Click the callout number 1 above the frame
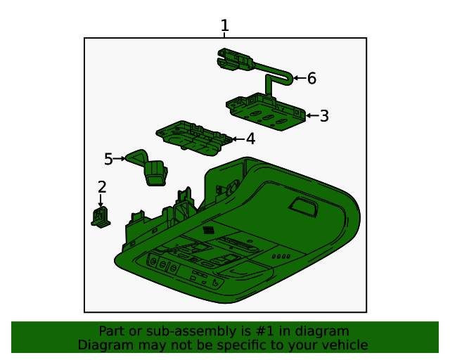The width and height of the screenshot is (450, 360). [x=225, y=25]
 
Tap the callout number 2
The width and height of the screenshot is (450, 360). [x=102, y=187]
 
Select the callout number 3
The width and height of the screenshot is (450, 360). [x=324, y=116]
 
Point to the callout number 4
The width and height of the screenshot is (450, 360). [x=251, y=139]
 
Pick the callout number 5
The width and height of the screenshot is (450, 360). [x=108, y=159]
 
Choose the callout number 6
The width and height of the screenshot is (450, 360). [x=311, y=78]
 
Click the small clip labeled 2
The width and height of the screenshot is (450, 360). [x=101, y=217]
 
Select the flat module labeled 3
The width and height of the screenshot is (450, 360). [x=266, y=112]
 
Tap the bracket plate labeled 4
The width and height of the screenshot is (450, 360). [x=194, y=138]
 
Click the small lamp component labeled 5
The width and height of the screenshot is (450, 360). [x=148, y=167]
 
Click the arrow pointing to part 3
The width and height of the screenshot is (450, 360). [x=312, y=116]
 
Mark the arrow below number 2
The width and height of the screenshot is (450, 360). [x=101, y=200]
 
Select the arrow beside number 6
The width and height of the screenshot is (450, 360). [x=300, y=78]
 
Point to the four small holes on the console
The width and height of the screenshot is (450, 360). [x=281, y=257]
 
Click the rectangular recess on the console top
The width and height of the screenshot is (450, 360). [x=304, y=207]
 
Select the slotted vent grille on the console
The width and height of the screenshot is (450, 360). [x=209, y=230]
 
